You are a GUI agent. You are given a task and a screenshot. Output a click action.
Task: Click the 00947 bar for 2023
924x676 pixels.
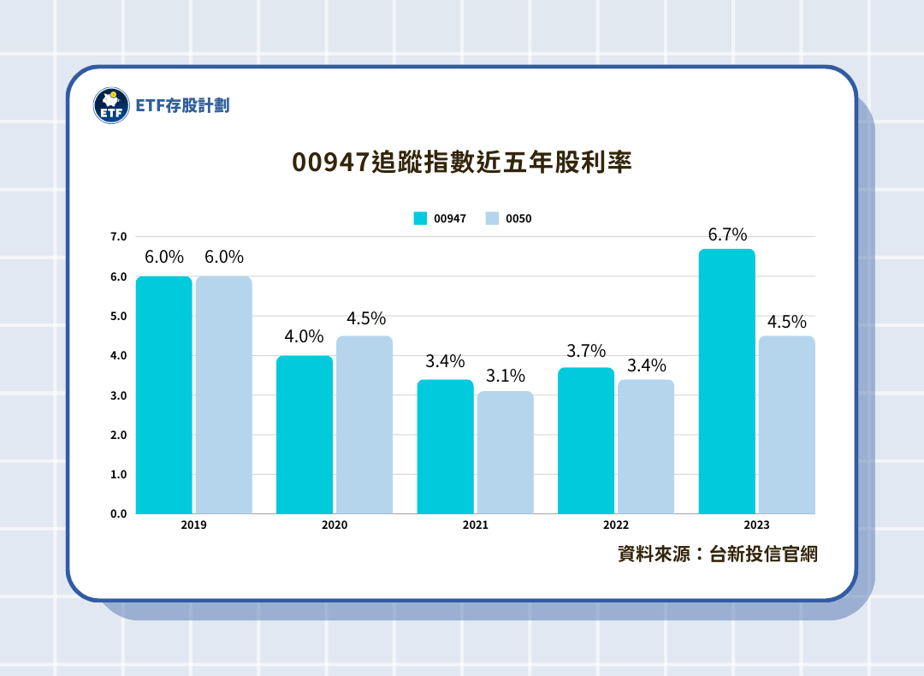[726, 381]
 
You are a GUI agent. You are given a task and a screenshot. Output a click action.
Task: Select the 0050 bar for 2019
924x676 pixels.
[223, 394]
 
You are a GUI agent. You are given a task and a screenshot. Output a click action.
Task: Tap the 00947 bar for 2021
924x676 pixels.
[445, 446]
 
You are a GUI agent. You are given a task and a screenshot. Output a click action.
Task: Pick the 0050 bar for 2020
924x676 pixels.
[364, 424]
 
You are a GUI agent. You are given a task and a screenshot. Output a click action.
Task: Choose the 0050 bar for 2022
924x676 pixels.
[646, 446]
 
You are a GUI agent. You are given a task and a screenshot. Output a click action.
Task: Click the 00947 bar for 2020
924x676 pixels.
[305, 434]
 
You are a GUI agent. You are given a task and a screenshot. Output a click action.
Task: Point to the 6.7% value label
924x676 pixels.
[727, 234]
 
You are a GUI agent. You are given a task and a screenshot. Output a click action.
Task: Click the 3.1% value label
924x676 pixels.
[505, 376]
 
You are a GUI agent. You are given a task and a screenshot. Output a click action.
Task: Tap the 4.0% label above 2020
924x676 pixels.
[305, 336]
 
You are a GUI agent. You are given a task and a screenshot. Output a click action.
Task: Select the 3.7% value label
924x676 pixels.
[586, 350]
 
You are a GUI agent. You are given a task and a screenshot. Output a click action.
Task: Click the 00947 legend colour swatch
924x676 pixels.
[420, 218]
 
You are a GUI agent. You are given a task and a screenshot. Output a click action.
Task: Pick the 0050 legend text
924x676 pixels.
[518, 219]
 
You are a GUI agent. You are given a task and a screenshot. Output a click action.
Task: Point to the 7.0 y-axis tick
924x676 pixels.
[118, 236]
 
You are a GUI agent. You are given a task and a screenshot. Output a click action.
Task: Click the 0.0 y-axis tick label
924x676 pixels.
[118, 513]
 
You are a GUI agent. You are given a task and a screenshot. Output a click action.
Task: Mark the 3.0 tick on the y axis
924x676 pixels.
[118, 395]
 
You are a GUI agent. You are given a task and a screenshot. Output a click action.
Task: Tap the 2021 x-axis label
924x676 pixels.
[475, 525]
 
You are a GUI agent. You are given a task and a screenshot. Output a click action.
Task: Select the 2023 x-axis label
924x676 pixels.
[756, 525]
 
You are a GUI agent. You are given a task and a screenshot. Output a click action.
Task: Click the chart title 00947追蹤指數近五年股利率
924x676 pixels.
[462, 163]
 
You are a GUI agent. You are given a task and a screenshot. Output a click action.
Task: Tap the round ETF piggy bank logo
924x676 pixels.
[110, 105]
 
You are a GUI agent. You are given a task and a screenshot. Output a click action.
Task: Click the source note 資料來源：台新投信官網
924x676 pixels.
[717, 554]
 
